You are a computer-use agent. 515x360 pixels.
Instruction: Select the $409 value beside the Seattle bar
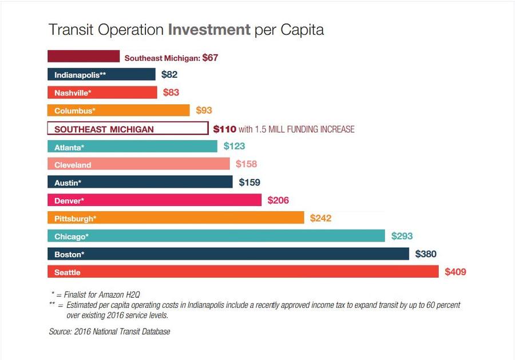click(455, 272)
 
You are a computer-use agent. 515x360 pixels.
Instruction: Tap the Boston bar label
click(69, 254)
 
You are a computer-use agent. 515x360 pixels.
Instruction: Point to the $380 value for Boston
click(426, 254)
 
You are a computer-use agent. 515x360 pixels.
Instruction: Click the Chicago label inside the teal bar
click(72, 236)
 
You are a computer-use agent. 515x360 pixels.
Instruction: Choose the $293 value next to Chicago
click(402, 236)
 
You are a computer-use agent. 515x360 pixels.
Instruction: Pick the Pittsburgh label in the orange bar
click(75, 219)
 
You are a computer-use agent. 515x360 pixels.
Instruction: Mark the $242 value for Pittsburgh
click(320, 218)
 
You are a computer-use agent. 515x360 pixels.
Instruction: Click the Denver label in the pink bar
click(69, 201)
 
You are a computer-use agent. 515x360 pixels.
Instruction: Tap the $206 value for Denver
click(278, 200)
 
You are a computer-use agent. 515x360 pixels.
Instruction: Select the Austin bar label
click(68, 183)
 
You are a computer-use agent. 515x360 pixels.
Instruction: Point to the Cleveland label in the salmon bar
click(73, 165)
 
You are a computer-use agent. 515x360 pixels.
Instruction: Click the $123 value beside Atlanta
click(234, 147)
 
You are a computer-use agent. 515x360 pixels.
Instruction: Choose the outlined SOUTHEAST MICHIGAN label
click(104, 129)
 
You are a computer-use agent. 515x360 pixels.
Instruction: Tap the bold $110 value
click(224, 129)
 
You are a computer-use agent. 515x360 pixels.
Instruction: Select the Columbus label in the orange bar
click(75, 110)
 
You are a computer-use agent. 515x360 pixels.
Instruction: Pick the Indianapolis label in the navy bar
click(80, 75)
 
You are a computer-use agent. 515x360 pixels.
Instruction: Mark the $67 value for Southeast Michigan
click(211, 58)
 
